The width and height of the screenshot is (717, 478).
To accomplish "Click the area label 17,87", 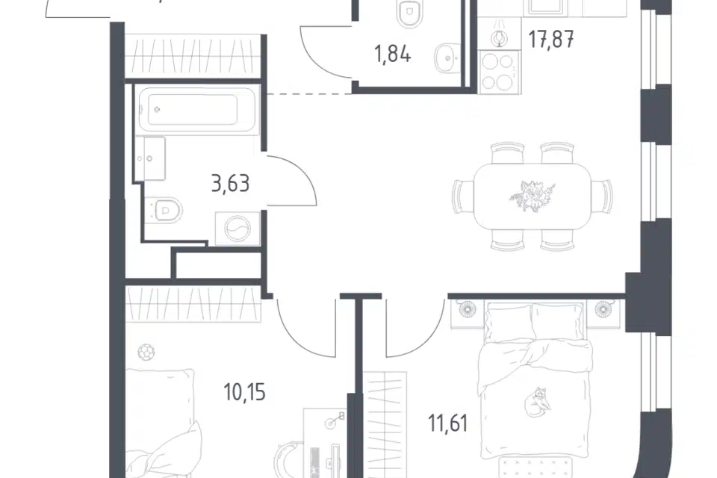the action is pyautogui.click(x=551, y=40).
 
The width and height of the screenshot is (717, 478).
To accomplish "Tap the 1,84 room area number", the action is pyautogui.click(x=392, y=55).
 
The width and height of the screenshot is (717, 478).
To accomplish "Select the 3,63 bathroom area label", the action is pyautogui.click(x=231, y=184).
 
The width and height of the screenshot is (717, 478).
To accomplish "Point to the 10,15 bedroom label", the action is pyautogui.click(x=245, y=392).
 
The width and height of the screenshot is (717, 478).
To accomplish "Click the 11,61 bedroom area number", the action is pyautogui.click(x=448, y=423).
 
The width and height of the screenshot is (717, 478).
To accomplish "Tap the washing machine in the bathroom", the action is pyautogui.click(x=238, y=229).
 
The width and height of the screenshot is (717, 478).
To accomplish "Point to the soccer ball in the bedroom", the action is pyautogui.click(x=146, y=353).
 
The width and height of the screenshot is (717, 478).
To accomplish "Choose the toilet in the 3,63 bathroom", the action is pyautogui.click(x=164, y=211).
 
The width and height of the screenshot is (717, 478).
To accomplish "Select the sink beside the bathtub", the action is pyautogui.click(x=149, y=158).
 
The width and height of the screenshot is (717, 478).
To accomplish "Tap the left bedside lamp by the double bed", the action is pyautogui.click(x=468, y=309).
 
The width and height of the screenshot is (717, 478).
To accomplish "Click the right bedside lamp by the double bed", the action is pyautogui.click(x=603, y=309).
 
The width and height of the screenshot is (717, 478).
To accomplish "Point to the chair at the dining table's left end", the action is pyautogui.click(x=463, y=196).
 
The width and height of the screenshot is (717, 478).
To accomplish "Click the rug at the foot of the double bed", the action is pyautogui.click(x=535, y=468).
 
